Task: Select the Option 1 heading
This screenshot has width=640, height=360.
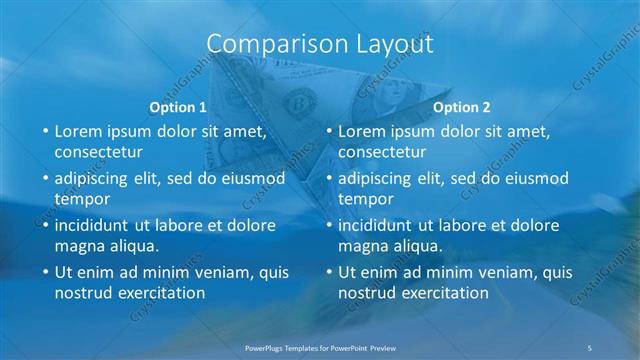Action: click(178, 107)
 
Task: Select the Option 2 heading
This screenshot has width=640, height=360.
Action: click(462, 107)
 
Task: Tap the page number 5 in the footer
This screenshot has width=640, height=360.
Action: click(589, 346)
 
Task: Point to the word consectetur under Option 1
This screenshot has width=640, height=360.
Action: click(98, 152)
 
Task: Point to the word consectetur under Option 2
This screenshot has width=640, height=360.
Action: click(382, 152)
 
